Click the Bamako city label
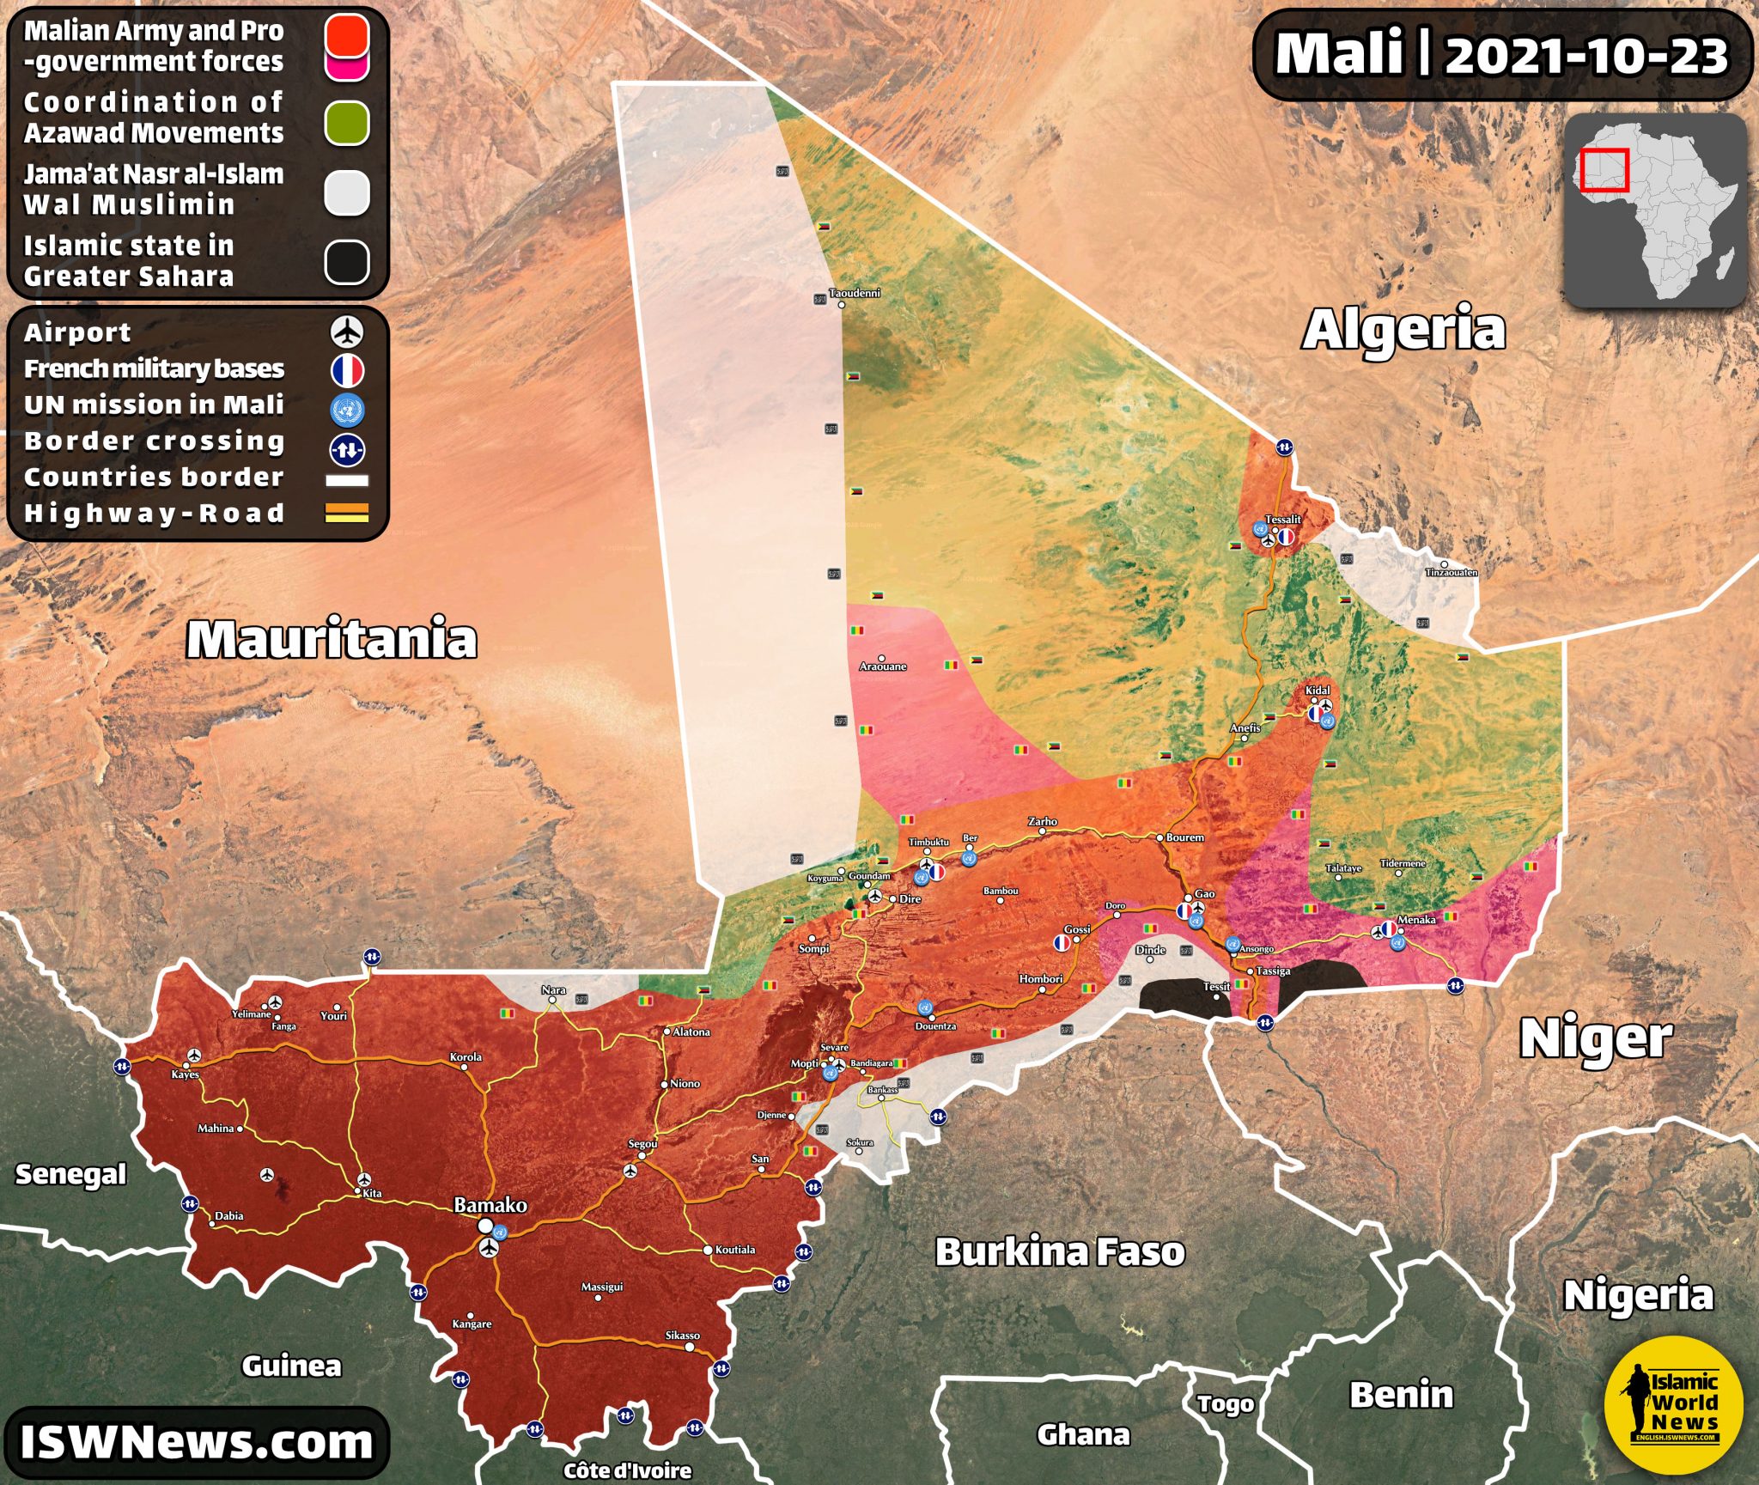[x=490, y=1205]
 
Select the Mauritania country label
[x=332, y=639]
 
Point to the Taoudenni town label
[x=855, y=293]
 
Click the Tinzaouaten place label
[x=1452, y=572]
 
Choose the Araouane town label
[x=883, y=666]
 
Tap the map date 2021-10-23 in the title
[x=1586, y=56]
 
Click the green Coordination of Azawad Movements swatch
[x=347, y=123]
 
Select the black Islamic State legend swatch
[x=347, y=262]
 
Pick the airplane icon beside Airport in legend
[x=347, y=332]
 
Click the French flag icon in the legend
[x=347, y=370]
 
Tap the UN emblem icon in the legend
[x=347, y=410]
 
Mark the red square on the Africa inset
[x=1604, y=169]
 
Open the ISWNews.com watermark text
[x=197, y=1442]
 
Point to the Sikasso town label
[x=683, y=1336]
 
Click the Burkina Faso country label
[x=1060, y=1252]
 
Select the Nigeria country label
[x=1638, y=1294]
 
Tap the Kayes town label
[x=186, y=1074]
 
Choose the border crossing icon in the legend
[x=347, y=449]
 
